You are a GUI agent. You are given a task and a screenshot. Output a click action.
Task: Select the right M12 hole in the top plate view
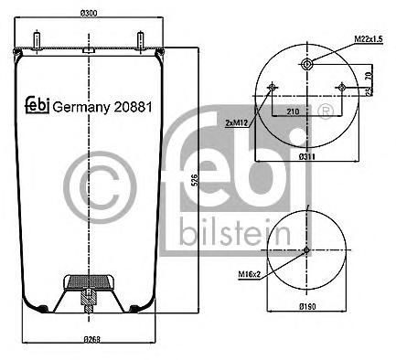pos(342,88)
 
